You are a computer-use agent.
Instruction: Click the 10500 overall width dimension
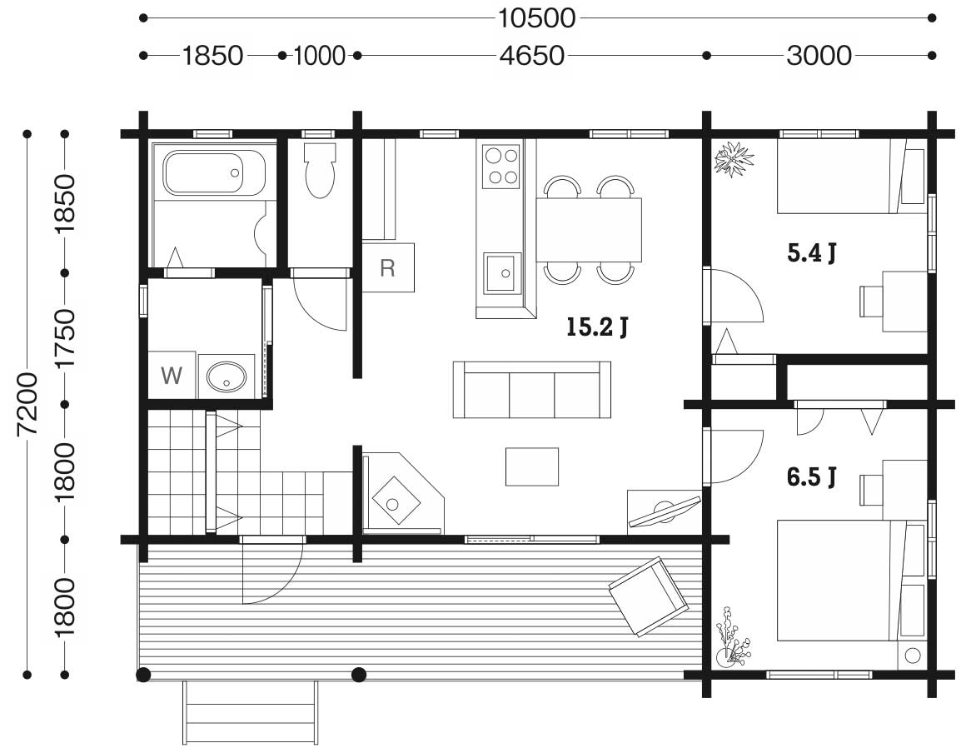pos(536,18)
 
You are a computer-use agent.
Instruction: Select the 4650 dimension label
pos(531,56)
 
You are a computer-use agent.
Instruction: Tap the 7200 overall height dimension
pos(28,404)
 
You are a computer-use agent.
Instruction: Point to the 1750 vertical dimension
pos(64,338)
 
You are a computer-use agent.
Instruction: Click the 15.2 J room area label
pos(597,327)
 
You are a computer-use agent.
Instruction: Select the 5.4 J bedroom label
pos(812,252)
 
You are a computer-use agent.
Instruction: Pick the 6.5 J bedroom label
pos(812,476)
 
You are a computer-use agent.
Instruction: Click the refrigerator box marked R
pos(387,267)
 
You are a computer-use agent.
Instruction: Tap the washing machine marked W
pos(172,376)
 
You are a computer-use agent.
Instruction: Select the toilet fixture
pos(320,171)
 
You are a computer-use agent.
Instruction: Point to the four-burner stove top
pos(500,166)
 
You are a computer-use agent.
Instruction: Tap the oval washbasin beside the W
pos(227,376)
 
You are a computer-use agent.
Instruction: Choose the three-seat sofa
pos(531,390)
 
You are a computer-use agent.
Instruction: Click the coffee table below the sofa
pos(532,466)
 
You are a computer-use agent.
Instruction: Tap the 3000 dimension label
pos(819,56)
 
